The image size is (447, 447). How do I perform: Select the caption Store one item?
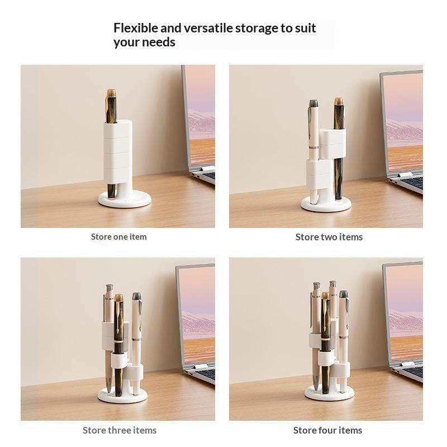click(118, 236)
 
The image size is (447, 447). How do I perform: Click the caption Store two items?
click(329, 237)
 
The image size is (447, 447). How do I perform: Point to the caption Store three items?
click(120, 430)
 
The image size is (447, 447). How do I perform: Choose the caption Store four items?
click(327, 430)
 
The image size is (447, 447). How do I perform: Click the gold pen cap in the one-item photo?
click(111, 93)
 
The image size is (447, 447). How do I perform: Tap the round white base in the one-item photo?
click(125, 199)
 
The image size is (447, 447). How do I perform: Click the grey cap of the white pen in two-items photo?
click(313, 103)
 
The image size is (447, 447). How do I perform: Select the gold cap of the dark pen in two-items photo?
click(339, 102)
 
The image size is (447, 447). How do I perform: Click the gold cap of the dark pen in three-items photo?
click(118, 298)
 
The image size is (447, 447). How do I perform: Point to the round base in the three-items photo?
click(122, 396)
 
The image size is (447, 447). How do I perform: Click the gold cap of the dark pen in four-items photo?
click(326, 296)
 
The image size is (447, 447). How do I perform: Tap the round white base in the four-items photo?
click(329, 393)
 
